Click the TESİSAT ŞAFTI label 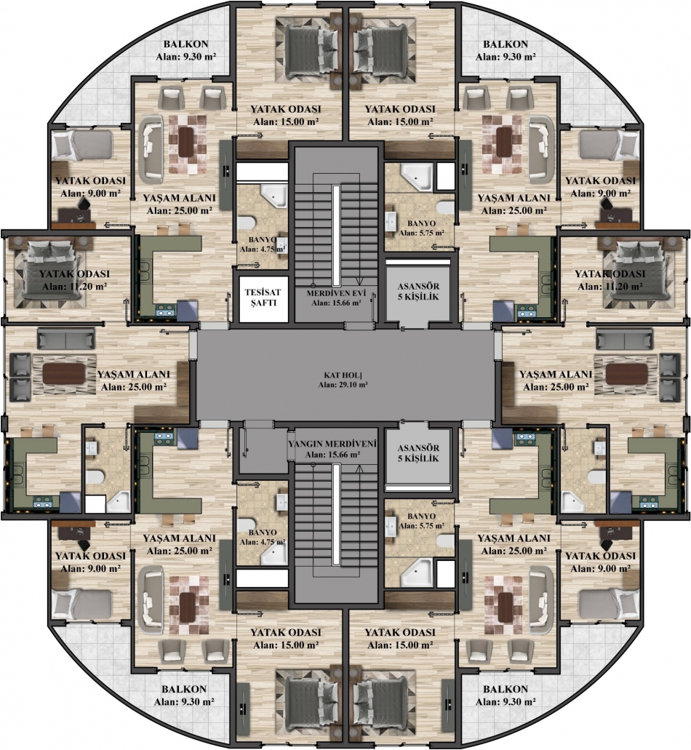click(263, 297)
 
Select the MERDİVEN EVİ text click(334, 292)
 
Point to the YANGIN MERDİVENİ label click(332, 444)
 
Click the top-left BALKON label click(186, 44)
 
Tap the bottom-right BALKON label click(506, 689)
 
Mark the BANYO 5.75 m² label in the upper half click(421, 228)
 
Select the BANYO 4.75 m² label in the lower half click(263, 537)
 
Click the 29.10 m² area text click(343, 384)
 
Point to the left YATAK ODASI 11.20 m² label click(74, 280)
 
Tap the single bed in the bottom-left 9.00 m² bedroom click(81, 604)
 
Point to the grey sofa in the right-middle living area click(624, 339)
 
